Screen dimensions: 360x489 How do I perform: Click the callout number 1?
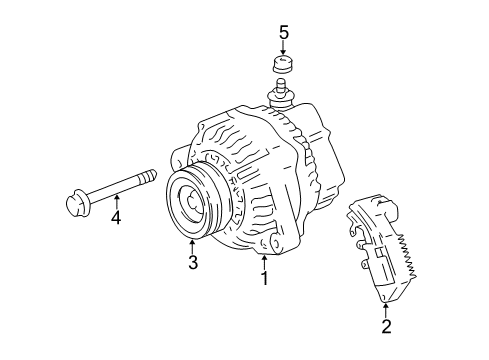pos(265,279)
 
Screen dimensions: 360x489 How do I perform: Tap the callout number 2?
pos(384,326)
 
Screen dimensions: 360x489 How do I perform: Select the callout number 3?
pos(191,263)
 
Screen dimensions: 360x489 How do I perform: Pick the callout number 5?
pos(284,34)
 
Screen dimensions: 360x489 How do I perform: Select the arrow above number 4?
pos(116,196)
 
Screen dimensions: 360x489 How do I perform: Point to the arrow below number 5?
pos(284,51)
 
